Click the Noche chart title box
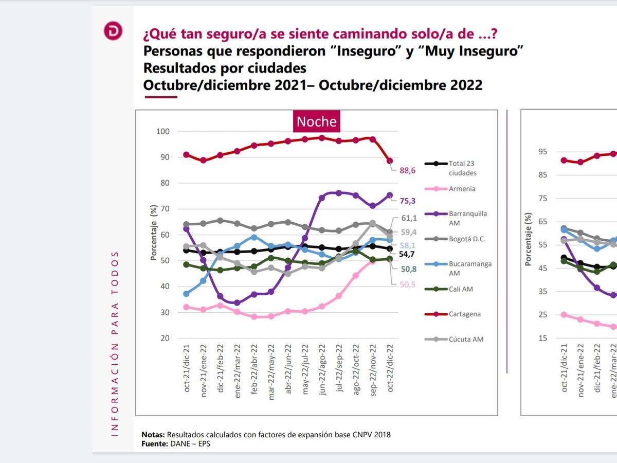pyautogui.click(x=317, y=121)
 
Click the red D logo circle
pyautogui.click(x=113, y=31)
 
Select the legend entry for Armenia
pyautogui.click(x=461, y=189)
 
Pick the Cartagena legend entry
pyautogui.click(x=464, y=314)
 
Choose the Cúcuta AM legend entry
pyautogui.click(x=465, y=339)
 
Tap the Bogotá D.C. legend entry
pyautogui.click(x=467, y=239)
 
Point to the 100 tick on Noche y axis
pyautogui.click(x=162, y=132)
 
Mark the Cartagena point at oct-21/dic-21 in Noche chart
pyautogui.click(x=186, y=155)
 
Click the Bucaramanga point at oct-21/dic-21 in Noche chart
pyautogui.click(x=186, y=294)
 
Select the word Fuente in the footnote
pyautogui.click(x=154, y=443)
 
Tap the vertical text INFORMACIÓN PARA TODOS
pyautogui.click(x=115, y=344)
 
